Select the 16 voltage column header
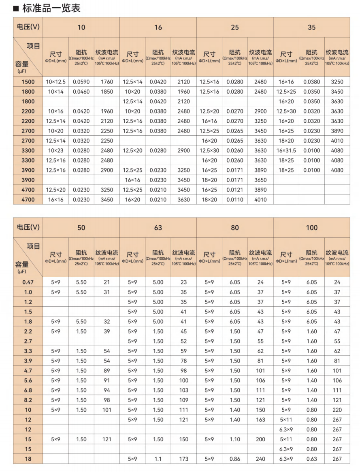pos(158,27)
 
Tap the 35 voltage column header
pos(311,27)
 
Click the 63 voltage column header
pos(158,227)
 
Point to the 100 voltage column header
pos(311,227)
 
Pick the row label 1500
pos(28,82)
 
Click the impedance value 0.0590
pos(81,82)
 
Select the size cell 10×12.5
pos(55,82)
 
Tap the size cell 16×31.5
pos(286,151)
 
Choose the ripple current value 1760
pos(107,82)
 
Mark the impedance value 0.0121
pos(235,190)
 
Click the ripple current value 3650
pos(260,180)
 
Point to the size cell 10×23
pos(55,151)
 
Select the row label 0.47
pos(28,282)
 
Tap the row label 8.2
pos(28,400)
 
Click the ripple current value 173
pos(183,459)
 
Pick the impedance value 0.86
pos(235,459)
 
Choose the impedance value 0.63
pos(311,459)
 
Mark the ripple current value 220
pos(337,410)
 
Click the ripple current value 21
pos(107,282)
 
